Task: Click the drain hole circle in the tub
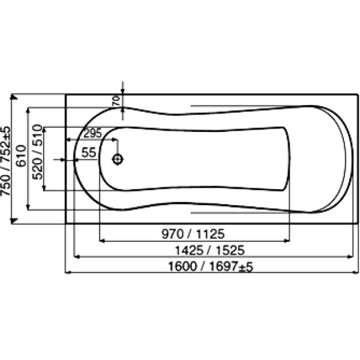(118, 160)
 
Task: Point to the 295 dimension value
(92, 133)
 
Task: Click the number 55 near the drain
(89, 152)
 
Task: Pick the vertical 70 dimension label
(116, 100)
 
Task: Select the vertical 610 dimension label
(20, 157)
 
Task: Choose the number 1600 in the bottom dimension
(183, 266)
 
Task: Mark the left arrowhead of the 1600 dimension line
(68, 273)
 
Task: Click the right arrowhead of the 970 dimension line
(287, 240)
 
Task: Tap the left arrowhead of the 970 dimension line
(101, 240)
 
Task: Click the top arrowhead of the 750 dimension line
(13, 97)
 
